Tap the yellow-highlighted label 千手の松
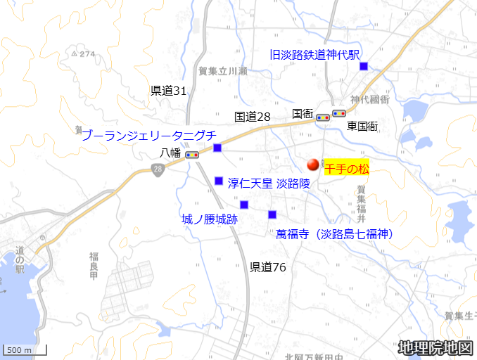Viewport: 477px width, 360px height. click(347, 169)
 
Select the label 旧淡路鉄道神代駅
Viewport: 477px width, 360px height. click(314, 54)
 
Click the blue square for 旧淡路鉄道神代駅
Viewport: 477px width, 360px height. click(364, 66)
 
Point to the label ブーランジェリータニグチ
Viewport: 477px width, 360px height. click(148, 136)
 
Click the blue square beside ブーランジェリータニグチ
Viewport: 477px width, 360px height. click(217, 148)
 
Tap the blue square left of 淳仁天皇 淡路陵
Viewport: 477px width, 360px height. click(219, 181)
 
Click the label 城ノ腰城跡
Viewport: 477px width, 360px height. click(209, 219)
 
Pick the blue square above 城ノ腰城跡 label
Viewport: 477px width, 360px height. click(244, 205)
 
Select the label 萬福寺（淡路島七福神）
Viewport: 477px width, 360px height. click(334, 233)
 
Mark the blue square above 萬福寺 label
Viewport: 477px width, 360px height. click(272, 214)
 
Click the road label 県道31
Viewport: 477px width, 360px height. click(169, 91)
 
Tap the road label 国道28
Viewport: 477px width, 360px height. click(253, 117)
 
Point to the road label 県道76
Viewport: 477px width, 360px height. click(268, 266)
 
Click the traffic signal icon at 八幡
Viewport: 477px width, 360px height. click(192, 154)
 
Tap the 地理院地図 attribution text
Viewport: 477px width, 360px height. click(435, 347)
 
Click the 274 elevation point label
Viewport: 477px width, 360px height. click(83, 53)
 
